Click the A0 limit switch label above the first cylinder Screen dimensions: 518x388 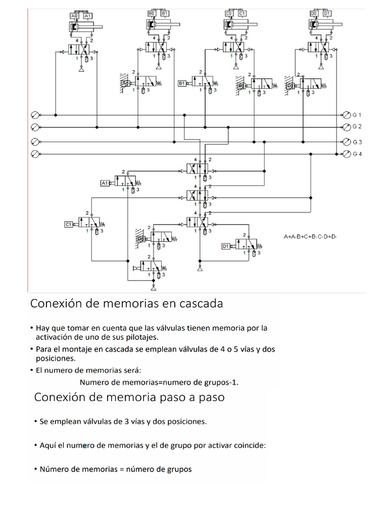tap(75, 16)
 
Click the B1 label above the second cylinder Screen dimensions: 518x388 tap(166, 13)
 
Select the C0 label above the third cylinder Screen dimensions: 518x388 tap(230, 13)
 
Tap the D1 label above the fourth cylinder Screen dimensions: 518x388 tap(327, 13)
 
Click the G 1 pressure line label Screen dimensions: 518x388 tap(357, 114)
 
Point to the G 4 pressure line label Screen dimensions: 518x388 tap(357, 154)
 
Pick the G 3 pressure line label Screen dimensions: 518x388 tap(357, 142)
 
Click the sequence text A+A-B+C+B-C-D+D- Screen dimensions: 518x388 tap(310, 236)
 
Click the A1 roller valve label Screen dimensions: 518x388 tap(105, 183)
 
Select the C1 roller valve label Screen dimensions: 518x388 tap(69, 224)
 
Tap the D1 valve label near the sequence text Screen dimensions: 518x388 tap(226, 246)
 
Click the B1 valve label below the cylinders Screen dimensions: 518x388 tap(182, 83)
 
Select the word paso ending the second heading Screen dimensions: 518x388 tap(209, 398)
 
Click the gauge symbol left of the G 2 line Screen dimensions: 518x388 tap(34, 126)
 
